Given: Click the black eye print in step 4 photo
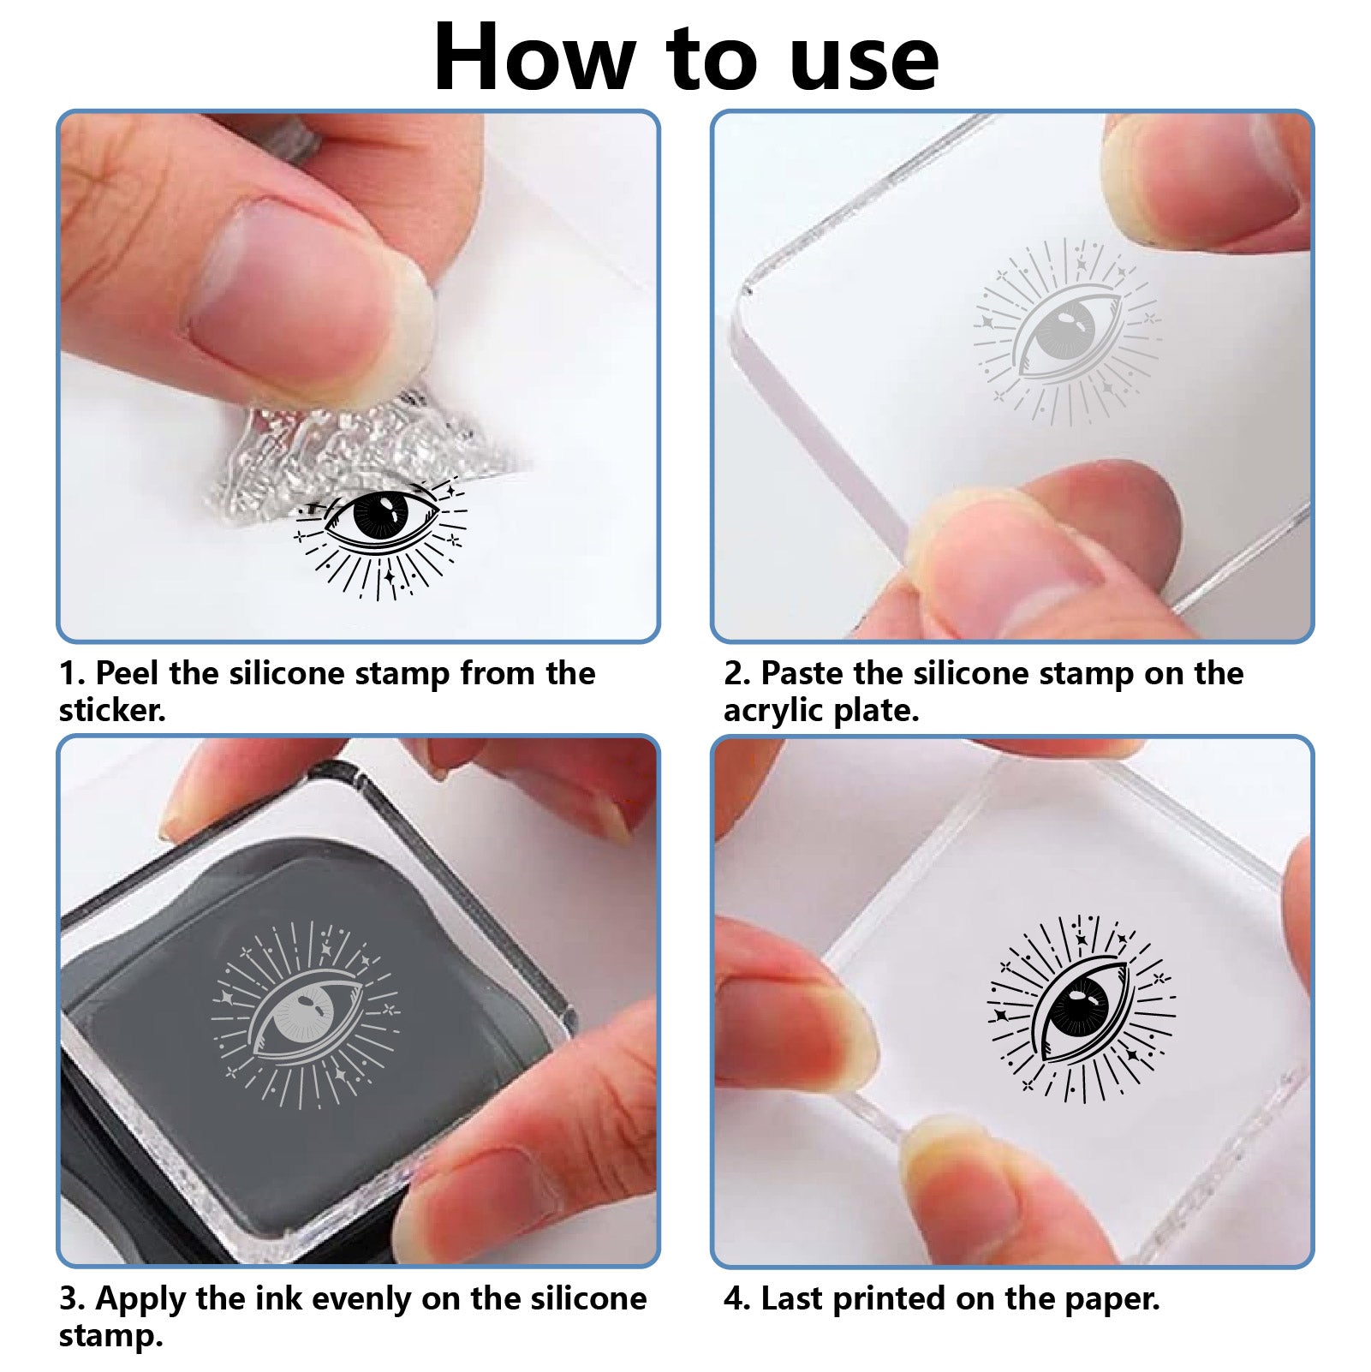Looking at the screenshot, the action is [1082, 1007].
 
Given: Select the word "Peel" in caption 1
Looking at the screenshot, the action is [127, 674].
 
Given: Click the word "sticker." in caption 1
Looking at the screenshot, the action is [112, 711].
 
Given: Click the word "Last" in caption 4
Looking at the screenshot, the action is [791, 1299].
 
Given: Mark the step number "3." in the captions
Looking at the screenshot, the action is [72, 1299].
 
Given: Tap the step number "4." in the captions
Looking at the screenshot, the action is [737, 1299].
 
